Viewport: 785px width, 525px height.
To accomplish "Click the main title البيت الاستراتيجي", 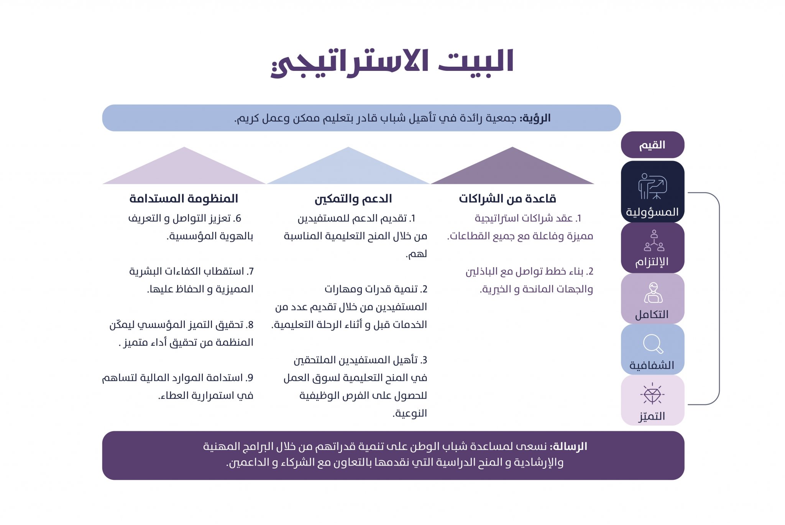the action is click(x=392, y=63).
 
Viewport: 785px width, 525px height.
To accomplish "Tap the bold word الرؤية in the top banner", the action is click(x=536, y=118).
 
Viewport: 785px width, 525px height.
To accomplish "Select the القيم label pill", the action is click(x=652, y=145).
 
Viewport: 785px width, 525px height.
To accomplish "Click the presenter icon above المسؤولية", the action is click(x=652, y=187).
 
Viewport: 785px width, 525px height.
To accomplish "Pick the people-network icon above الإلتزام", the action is click(x=654, y=241).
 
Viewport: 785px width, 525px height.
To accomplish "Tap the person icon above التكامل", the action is click(x=653, y=293).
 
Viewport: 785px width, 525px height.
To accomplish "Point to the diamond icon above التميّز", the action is click(x=652, y=394).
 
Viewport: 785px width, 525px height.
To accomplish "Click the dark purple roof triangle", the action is click(x=512, y=169).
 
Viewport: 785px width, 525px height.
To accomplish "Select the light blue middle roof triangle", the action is click(x=348, y=169).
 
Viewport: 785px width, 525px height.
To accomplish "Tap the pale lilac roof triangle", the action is click(x=184, y=169).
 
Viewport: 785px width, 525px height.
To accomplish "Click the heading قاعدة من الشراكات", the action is click(x=507, y=199).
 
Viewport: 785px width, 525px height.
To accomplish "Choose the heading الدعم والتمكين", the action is click(x=353, y=199).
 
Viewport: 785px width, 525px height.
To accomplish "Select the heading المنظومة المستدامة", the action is click(x=184, y=199).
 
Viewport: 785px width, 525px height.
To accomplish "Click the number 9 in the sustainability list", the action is click(x=250, y=378).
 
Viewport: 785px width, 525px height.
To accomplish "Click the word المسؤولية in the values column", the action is click(x=652, y=212).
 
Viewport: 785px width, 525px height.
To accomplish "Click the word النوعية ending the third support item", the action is click(x=410, y=413).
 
